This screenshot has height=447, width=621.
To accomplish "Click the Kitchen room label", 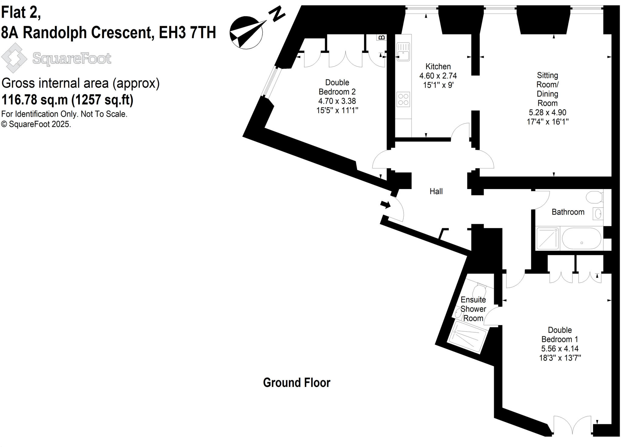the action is pos(438,66).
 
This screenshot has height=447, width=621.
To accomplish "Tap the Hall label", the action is pos(436,191).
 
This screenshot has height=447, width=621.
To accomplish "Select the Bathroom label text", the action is pos(568,212).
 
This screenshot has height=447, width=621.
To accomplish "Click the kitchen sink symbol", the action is pos(403,52).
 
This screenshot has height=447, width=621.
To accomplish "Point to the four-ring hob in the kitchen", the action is pos(403,99).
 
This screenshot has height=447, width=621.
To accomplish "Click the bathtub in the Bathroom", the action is pos(581,239).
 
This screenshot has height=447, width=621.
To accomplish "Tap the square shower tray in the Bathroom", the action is pos(548,239).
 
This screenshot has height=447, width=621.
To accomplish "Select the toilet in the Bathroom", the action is pos(594,197).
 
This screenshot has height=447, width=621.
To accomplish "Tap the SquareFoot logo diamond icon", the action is pos(14,58).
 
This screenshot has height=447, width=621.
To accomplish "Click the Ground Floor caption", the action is pos(297,383).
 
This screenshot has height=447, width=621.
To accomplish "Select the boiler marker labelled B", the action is pos(382,37).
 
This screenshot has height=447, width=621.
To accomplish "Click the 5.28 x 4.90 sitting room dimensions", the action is pos(547,113).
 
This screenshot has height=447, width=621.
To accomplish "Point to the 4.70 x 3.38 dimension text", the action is pos(337,101).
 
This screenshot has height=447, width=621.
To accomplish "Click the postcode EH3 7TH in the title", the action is pos(187,32).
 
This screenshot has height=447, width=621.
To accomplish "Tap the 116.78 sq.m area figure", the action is pos(35,100).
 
